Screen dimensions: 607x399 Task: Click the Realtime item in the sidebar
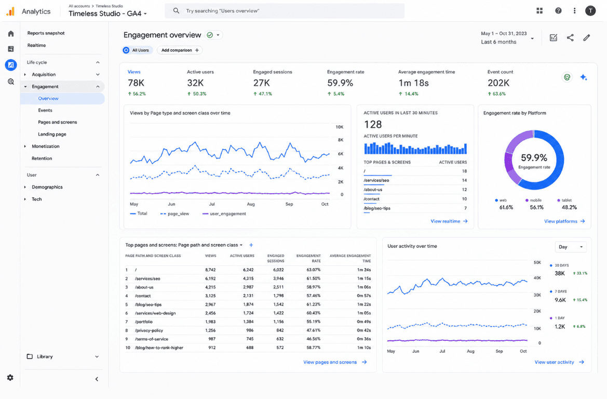(36, 45)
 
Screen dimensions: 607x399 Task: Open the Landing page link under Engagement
(52, 134)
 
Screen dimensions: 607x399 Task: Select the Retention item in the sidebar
(42, 158)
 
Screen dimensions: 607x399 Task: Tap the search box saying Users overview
(285, 11)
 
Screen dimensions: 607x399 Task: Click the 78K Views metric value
(136, 83)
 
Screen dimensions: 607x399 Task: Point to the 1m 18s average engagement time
(413, 83)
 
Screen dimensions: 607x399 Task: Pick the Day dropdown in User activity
(571, 247)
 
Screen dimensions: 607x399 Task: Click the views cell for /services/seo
(210, 278)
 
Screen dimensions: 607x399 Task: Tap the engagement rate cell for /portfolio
(313, 322)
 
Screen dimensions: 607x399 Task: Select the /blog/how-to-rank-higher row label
(159, 348)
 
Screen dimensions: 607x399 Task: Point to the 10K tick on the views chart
(340, 127)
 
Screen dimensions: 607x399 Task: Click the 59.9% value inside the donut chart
(534, 157)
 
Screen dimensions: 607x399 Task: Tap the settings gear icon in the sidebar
(10, 378)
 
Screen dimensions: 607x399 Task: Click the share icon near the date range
(570, 37)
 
